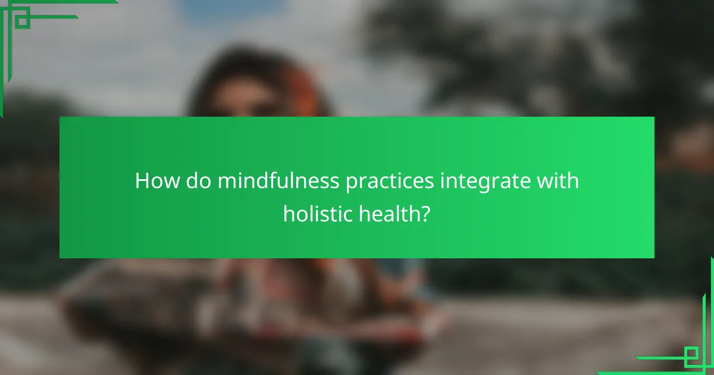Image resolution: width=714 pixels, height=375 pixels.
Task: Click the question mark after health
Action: [425, 212]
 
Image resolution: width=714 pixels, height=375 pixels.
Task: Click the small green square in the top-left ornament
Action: [23, 21]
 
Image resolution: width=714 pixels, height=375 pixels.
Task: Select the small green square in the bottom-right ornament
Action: [691, 356]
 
